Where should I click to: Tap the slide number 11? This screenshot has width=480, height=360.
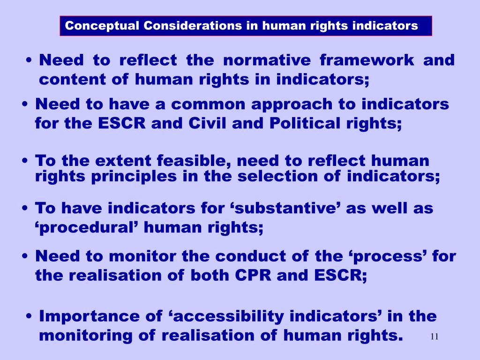[x=434, y=337]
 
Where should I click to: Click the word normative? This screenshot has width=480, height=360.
[x=267, y=60]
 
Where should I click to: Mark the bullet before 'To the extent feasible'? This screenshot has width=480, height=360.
[x=26, y=161]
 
